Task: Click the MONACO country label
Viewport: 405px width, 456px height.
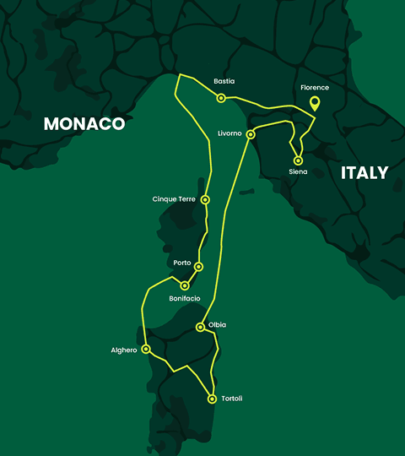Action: (x=84, y=123)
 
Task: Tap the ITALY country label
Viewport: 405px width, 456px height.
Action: (x=364, y=173)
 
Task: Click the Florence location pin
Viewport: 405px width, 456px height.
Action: (x=315, y=104)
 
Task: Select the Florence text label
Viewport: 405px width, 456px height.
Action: (x=315, y=87)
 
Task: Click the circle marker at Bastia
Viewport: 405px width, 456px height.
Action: (x=221, y=98)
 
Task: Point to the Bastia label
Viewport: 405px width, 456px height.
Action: (x=224, y=81)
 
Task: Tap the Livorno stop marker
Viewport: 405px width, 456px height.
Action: (x=251, y=134)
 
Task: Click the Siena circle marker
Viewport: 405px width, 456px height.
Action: (x=298, y=160)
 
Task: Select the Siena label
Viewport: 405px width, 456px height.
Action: (x=298, y=172)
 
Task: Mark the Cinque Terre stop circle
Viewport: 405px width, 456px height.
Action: (x=205, y=200)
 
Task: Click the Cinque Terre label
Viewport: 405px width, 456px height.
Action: (x=174, y=199)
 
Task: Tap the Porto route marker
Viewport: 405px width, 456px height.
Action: (x=198, y=267)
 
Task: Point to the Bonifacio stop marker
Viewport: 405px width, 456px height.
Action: (x=185, y=285)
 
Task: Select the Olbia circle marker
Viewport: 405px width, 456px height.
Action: (x=200, y=328)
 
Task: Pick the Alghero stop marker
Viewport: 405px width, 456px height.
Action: (x=146, y=348)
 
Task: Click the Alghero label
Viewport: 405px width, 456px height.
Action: (x=123, y=350)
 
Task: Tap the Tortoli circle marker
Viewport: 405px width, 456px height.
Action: (x=211, y=399)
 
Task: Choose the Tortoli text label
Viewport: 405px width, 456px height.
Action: (x=231, y=399)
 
